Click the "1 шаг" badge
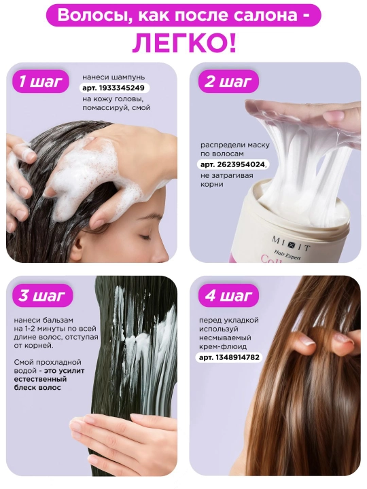click(x=41, y=81)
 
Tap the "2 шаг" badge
click(x=228, y=81)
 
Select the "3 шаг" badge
click(x=42, y=295)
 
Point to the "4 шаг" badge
click(x=228, y=295)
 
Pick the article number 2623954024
click(x=232, y=164)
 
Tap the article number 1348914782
click(x=230, y=357)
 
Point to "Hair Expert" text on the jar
click(x=287, y=255)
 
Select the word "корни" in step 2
click(x=212, y=184)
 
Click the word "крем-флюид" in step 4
click(x=223, y=346)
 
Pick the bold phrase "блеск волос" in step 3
click(x=37, y=388)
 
